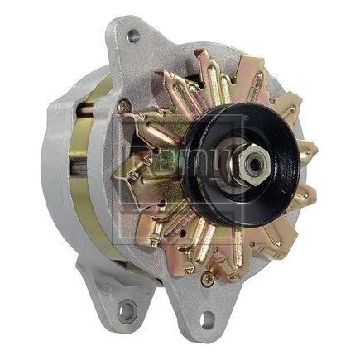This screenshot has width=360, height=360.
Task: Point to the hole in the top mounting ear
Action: [x=132, y=36]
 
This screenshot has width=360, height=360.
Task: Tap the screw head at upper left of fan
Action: [x=124, y=106]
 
